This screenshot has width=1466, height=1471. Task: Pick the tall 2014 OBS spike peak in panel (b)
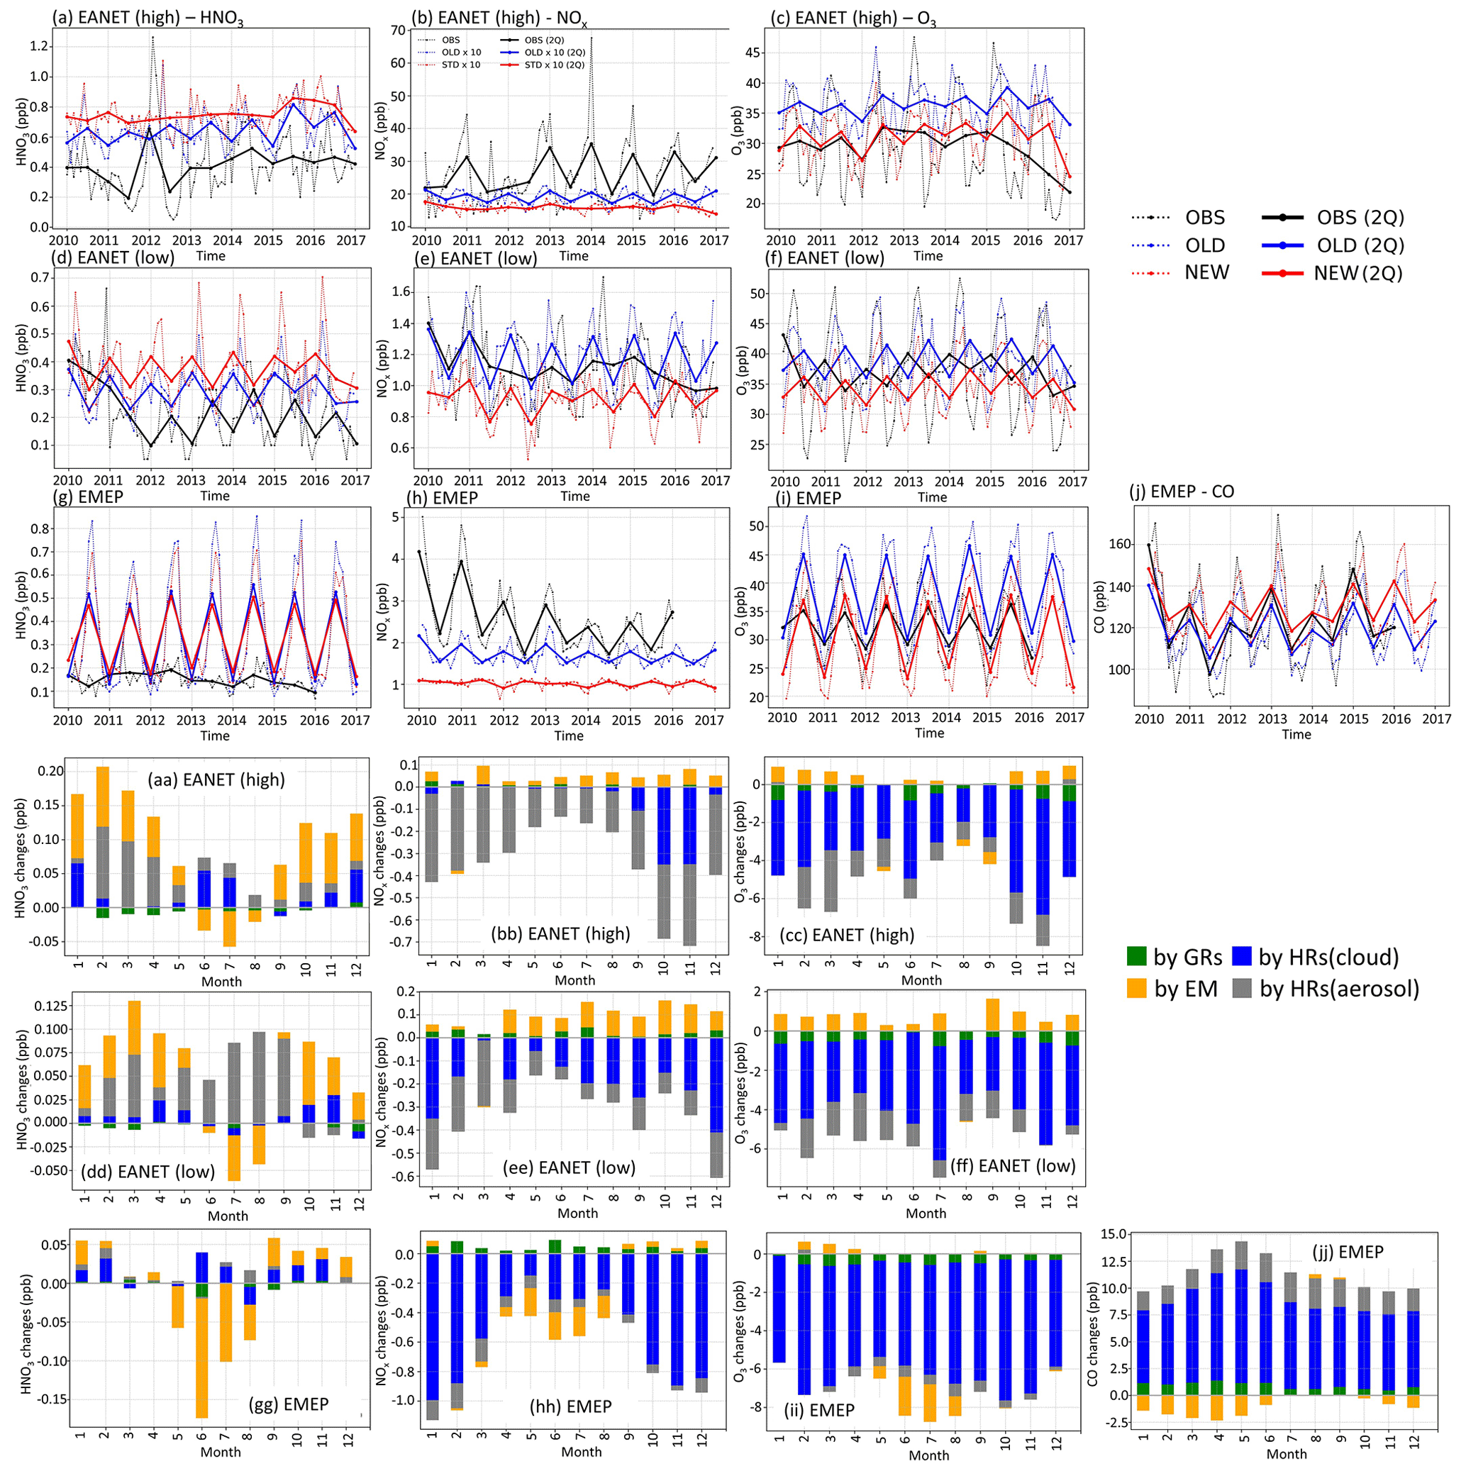click(x=591, y=38)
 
